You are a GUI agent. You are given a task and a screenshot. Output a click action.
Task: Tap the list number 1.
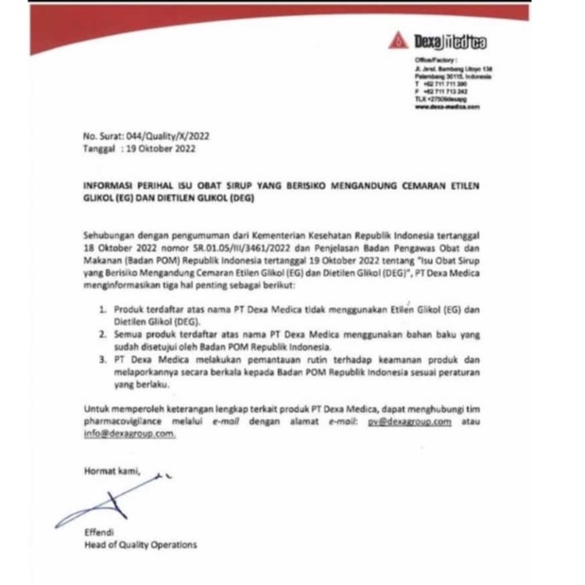(102, 309)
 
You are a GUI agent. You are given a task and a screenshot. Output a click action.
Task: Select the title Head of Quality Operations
(140, 545)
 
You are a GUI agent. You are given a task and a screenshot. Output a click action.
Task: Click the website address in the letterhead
(447, 108)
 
